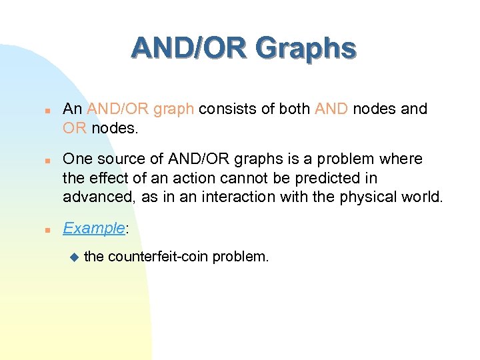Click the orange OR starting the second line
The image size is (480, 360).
click(75, 127)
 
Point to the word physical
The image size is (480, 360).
click(377, 196)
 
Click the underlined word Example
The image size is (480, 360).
click(93, 228)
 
